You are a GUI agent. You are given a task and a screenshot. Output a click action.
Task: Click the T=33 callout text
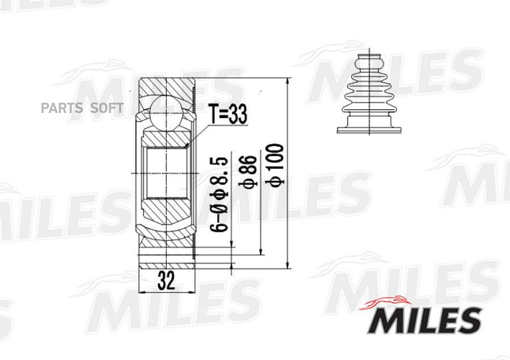coord(228,113)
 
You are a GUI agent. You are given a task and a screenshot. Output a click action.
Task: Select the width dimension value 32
coord(166,281)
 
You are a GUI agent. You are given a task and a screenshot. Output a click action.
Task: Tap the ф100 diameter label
coord(275,166)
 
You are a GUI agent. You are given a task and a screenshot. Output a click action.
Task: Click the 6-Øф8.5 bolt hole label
coord(219,194)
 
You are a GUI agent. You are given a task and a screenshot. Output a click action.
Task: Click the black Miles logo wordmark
coord(426,320)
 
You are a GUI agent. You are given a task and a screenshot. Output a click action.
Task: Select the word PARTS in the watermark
coord(62,108)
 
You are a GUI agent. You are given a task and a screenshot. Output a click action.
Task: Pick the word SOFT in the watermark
coord(107,108)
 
